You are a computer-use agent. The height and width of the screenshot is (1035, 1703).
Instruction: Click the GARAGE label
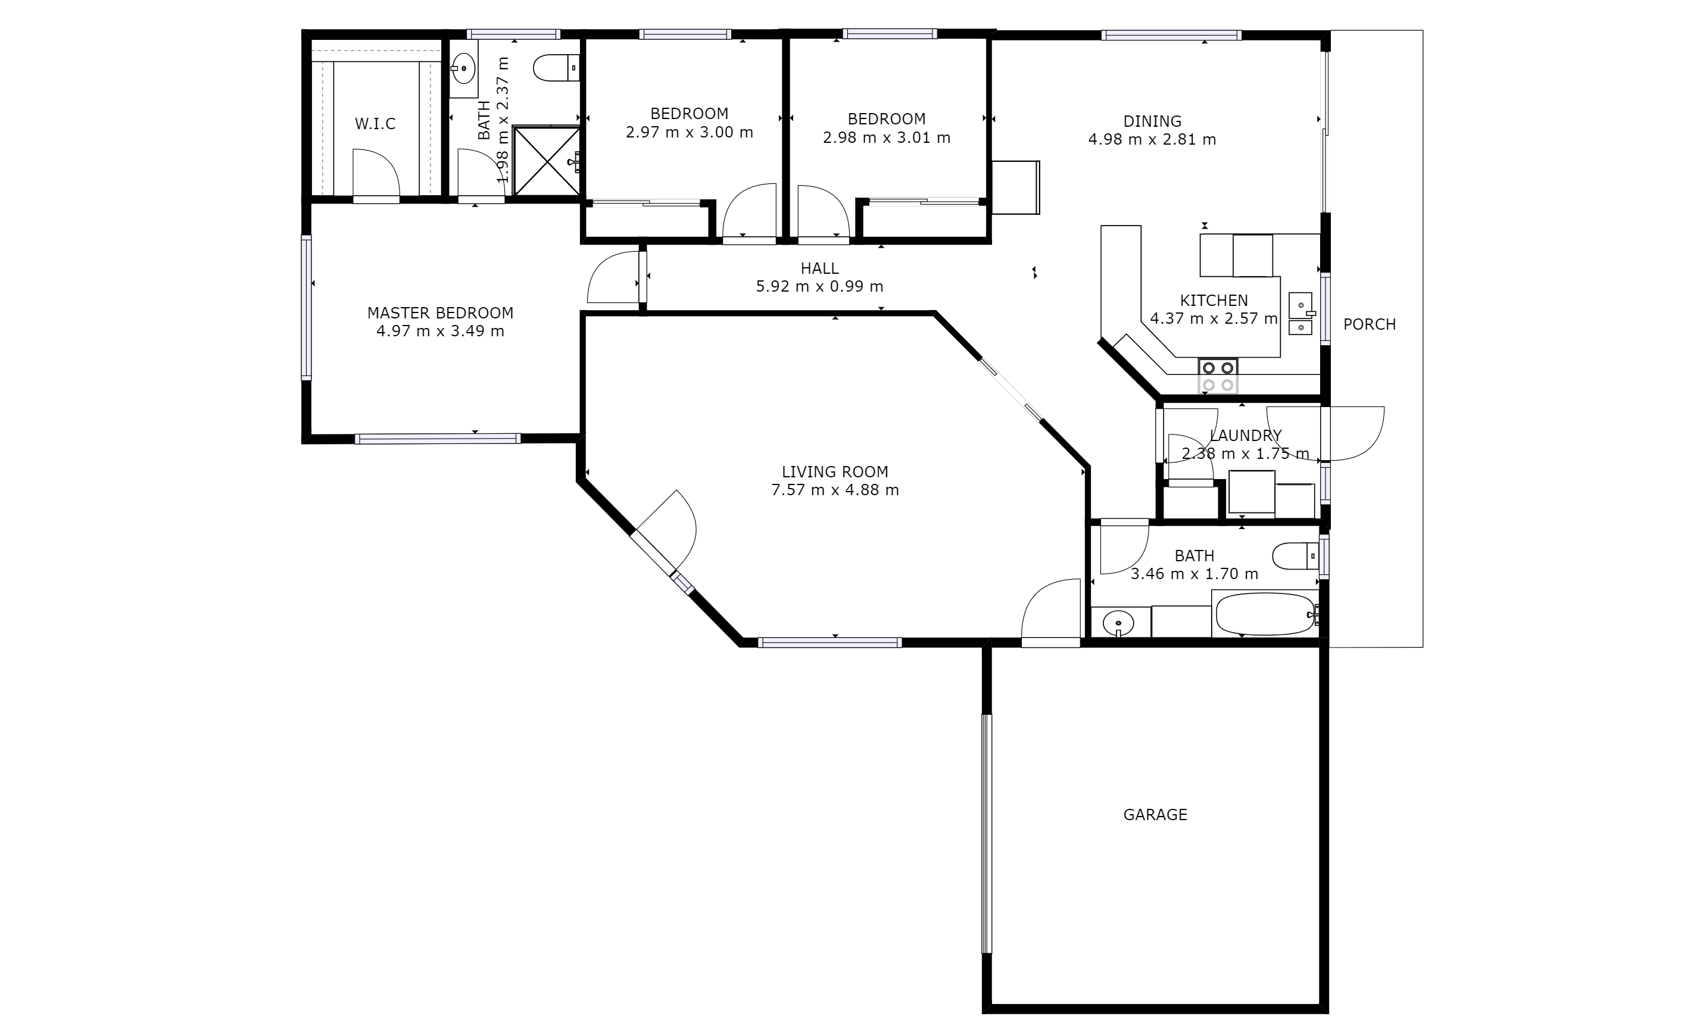point(1155,815)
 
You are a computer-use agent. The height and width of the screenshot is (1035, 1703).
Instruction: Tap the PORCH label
point(1369,324)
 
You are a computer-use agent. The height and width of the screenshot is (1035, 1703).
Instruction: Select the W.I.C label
point(375,124)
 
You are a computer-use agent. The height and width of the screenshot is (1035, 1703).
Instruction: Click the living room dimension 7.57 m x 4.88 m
point(835,490)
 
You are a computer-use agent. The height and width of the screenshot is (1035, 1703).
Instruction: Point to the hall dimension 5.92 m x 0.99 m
point(820,286)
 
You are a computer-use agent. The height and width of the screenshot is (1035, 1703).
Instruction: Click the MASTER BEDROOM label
point(440,313)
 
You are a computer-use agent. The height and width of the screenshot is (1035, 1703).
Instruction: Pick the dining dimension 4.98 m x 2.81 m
point(1152,139)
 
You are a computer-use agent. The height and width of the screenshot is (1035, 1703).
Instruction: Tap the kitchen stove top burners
point(1218,377)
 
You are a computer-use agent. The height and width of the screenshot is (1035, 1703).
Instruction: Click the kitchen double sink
point(1300,314)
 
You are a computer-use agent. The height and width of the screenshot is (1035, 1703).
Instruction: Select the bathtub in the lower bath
point(1265,614)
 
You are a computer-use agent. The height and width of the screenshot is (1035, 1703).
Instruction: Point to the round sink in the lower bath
point(1118,623)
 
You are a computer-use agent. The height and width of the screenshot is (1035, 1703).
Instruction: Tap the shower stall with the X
point(547,160)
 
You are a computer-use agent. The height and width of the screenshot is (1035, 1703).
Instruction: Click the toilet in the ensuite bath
point(556,68)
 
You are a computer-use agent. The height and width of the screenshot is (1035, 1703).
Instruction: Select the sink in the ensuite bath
point(464,68)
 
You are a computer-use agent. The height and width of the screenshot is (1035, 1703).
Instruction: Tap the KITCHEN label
point(1214,301)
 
